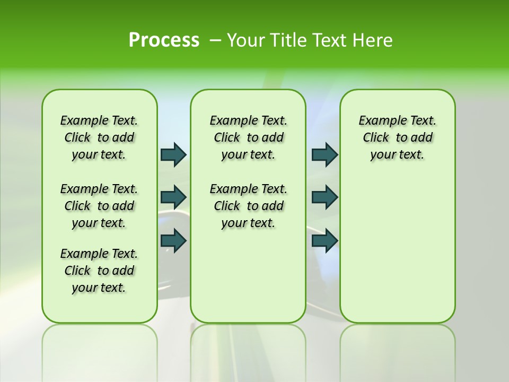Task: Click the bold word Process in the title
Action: tap(164, 40)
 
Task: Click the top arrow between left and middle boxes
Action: tap(173, 154)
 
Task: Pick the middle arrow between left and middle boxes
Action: tap(173, 197)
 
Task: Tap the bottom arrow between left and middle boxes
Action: tap(173, 240)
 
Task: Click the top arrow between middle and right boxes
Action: tap(324, 154)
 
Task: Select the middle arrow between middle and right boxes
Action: tap(324, 197)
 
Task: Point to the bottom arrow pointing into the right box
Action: tap(324, 240)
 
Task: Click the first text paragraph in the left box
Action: tap(99, 137)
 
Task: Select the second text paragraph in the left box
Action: tap(99, 206)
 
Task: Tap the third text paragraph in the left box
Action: tap(99, 271)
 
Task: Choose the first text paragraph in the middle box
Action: tap(248, 137)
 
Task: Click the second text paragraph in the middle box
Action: tap(248, 206)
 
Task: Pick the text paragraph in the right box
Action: tap(397, 137)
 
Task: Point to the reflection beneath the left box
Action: tap(99, 350)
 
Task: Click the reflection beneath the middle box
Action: tap(248, 350)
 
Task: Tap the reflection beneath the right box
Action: tap(397, 350)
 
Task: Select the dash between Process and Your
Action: tap(215, 40)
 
